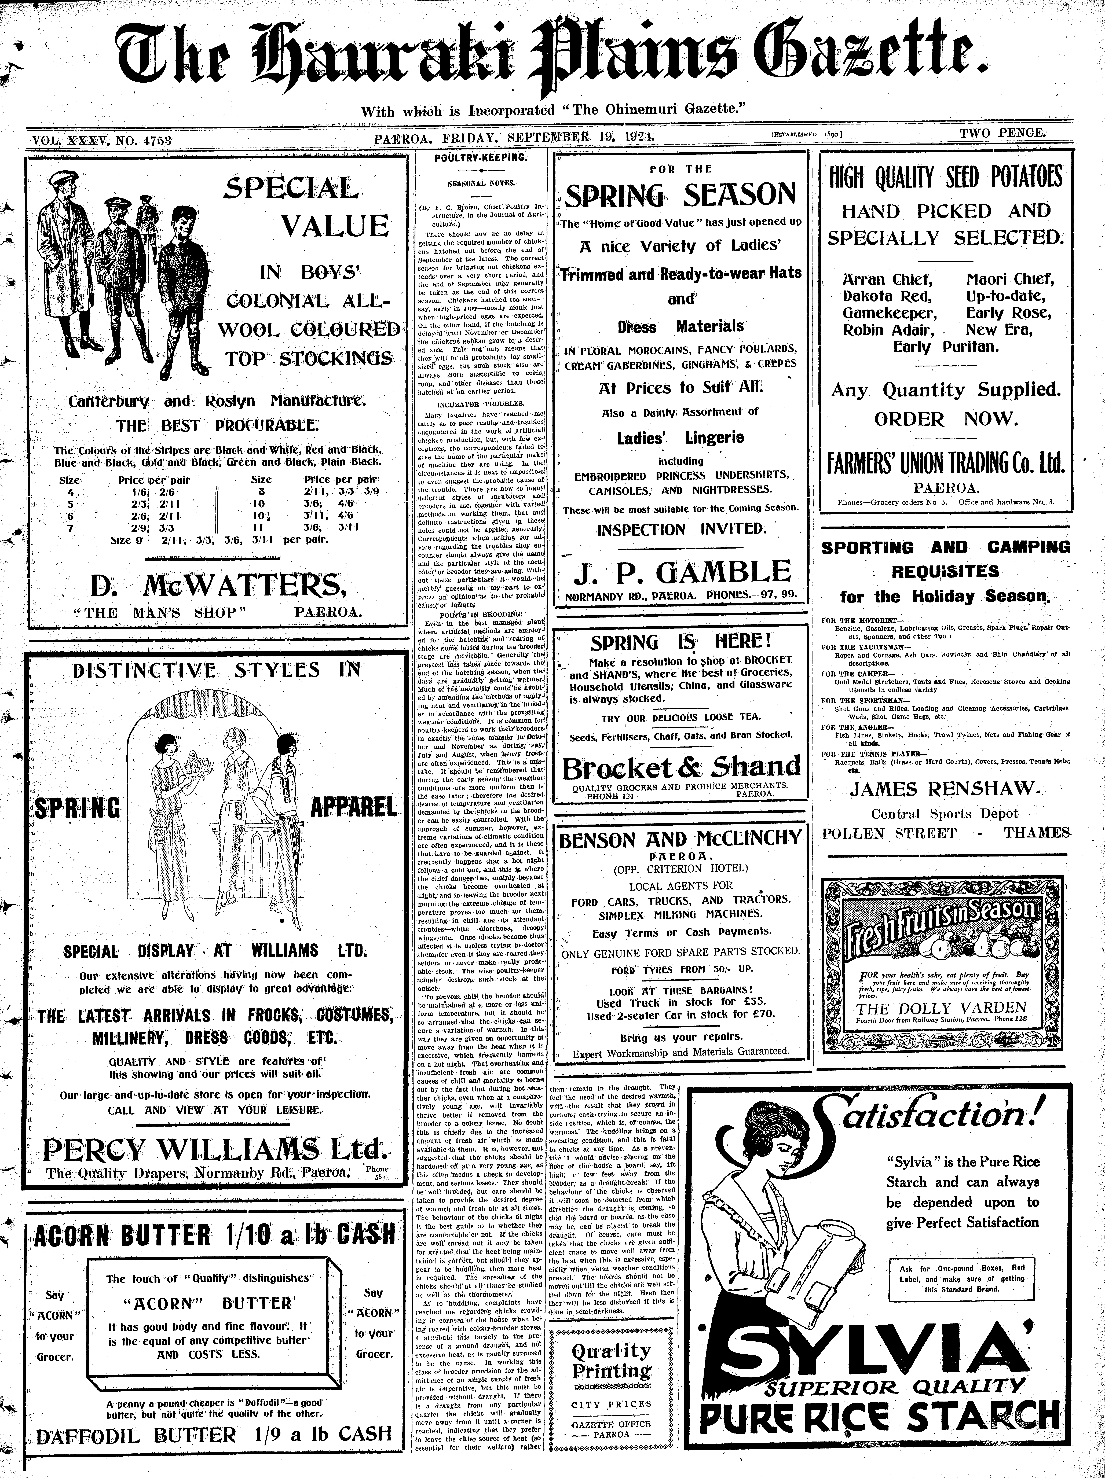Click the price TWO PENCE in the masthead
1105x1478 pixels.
tap(1002, 133)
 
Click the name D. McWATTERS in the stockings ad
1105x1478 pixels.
tap(218, 586)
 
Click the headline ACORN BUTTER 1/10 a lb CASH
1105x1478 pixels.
tap(214, 1237)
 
